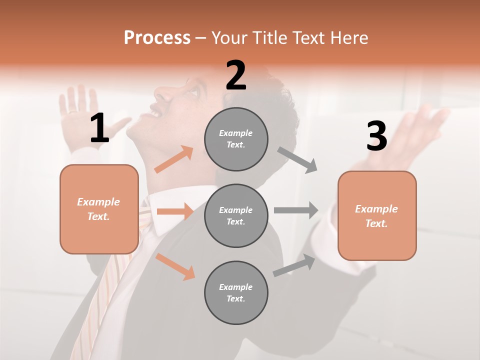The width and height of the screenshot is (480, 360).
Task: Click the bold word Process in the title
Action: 157,38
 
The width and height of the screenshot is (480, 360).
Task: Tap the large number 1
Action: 99,128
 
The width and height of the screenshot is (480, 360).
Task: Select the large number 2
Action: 236,75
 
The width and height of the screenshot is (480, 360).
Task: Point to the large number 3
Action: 376,136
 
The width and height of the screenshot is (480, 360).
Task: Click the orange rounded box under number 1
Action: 99,209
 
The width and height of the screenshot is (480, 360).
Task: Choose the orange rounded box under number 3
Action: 377,215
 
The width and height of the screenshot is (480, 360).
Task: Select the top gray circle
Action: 236,139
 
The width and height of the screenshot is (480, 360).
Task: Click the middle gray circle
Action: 236,215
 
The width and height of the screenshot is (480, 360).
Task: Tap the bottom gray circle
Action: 236,292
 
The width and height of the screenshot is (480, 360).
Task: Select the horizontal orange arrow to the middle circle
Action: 175,211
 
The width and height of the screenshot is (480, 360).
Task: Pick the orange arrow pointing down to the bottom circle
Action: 175,266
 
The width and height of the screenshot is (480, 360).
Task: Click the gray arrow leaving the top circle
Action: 298,159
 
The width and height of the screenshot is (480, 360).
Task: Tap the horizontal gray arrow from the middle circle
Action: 296,210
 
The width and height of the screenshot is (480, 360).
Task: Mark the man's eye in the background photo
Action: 194,92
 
